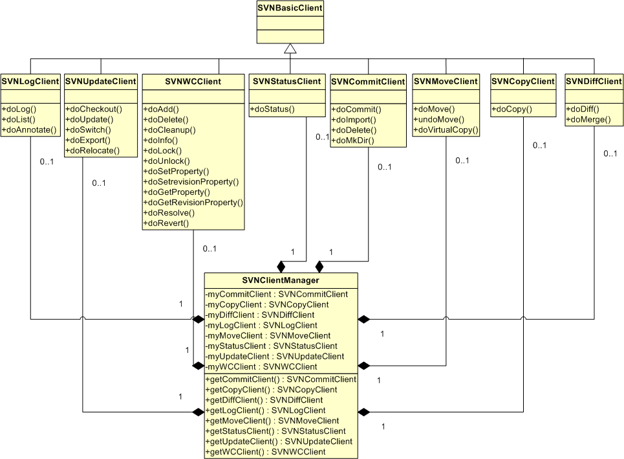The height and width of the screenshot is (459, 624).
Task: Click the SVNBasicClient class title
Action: coord(290,8)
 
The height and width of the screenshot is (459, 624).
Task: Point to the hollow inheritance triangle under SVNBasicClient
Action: coord(290,49)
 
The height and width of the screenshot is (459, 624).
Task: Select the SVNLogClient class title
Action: coord(30,82)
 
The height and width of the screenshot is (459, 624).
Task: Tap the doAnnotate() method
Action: coord(29,129)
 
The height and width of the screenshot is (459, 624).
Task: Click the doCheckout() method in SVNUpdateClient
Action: coord(94,109)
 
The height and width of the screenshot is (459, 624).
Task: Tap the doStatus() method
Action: coord(272,109)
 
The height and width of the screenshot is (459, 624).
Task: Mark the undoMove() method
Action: coord(437,120)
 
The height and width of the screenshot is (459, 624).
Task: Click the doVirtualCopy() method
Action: coord(446,130)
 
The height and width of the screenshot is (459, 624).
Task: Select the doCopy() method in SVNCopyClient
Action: coord(511,109)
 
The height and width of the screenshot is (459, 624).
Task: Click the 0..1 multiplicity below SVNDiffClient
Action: coord(610,154)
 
